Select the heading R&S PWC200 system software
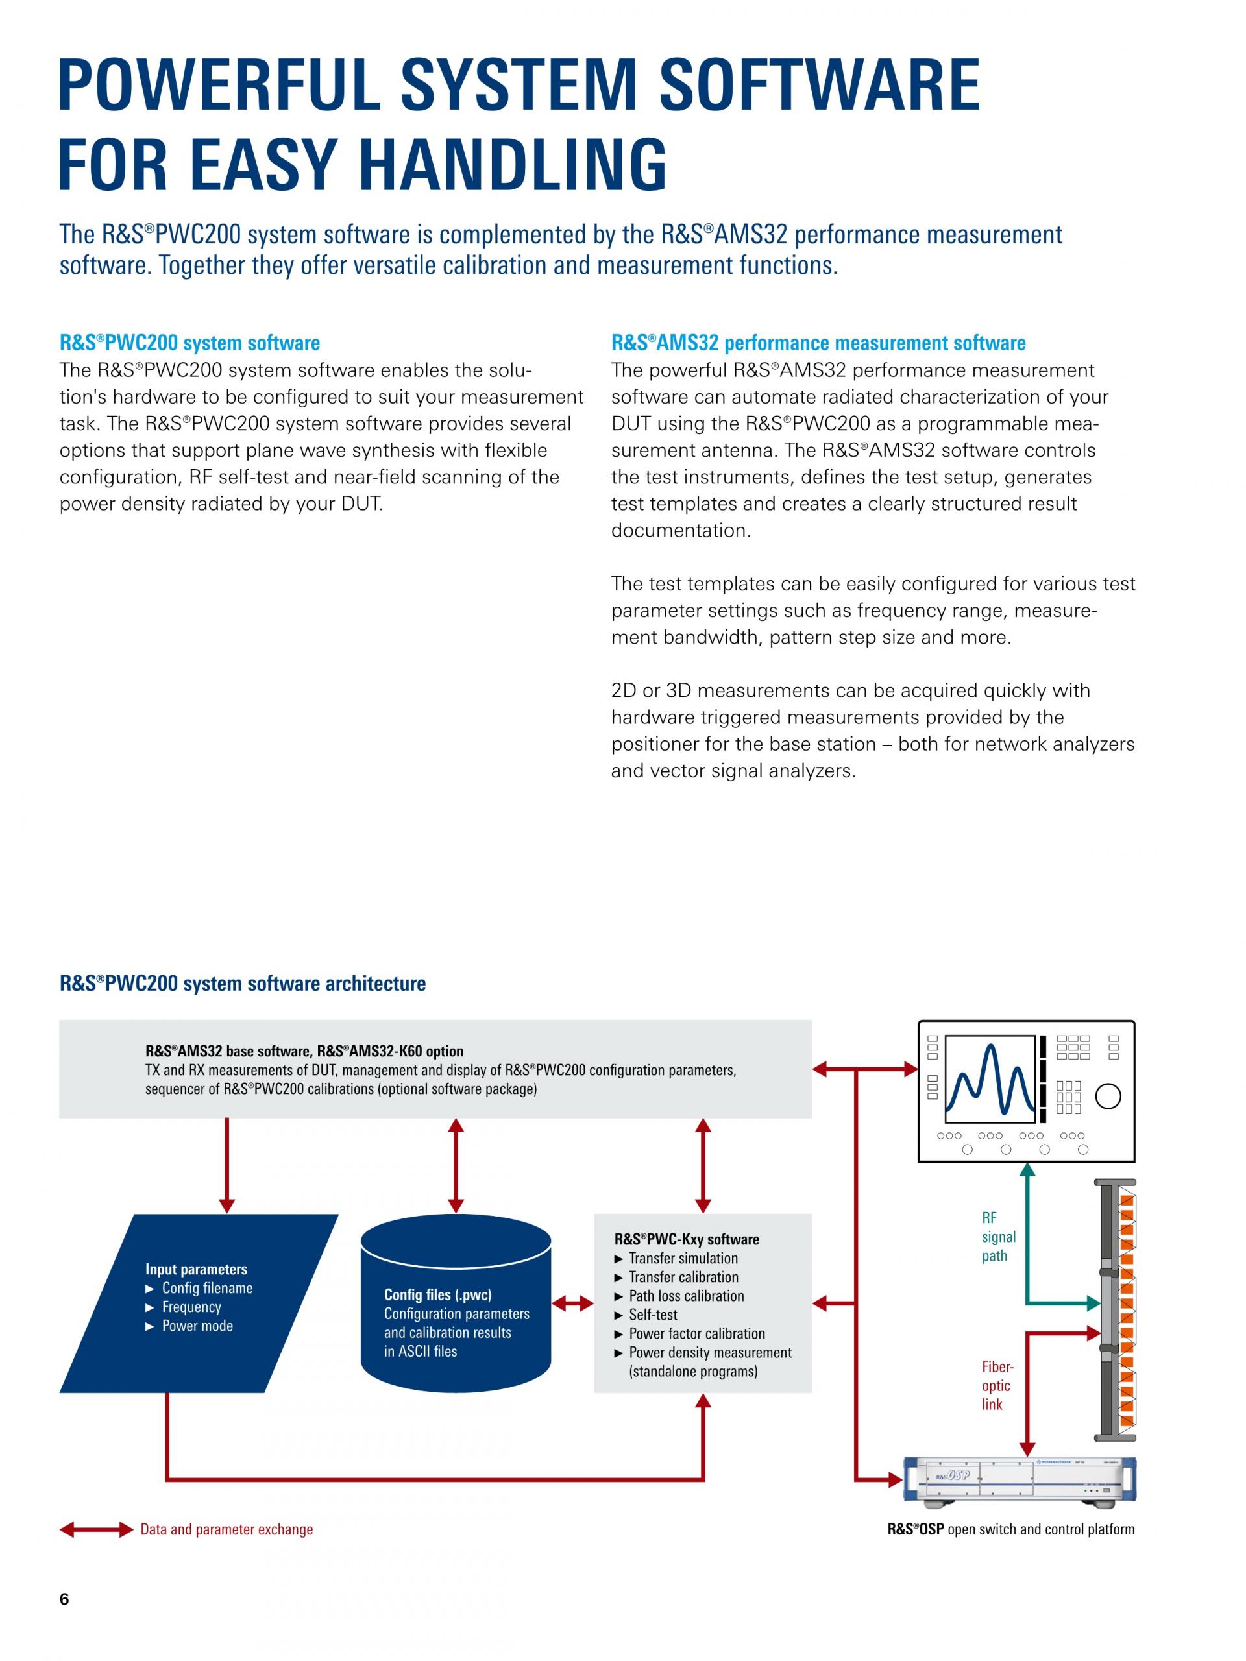click(x=189, y=343)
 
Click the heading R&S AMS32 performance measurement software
click(x=818, y=343)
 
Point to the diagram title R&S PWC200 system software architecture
click(x=243, y=984)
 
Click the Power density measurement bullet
click(x=709, y=1352)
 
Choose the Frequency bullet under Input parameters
click(x=191, y=1307)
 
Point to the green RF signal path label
click(x=998, y=1237)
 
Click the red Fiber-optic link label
click(x=997, y=1385)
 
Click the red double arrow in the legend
click(x=96, y=1529)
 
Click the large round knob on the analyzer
click(x=1108, y=1097)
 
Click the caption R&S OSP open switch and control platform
click(x=1010, y=1529)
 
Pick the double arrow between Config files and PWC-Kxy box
click(x=573, y=1304)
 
